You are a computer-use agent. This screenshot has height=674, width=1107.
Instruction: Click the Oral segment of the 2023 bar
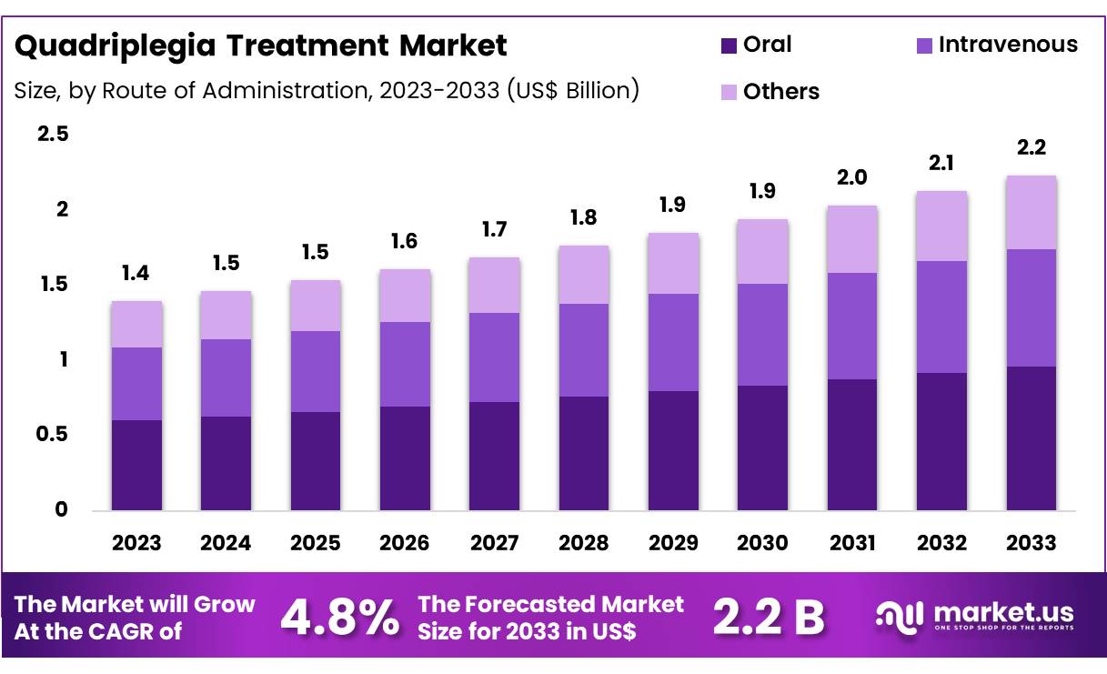click(136, 464)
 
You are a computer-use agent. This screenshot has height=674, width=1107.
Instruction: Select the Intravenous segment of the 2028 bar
click(584, 350)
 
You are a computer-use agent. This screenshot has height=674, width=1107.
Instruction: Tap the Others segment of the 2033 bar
click(1032, 212)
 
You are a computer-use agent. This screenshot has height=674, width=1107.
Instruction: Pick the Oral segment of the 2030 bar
click(762, 448)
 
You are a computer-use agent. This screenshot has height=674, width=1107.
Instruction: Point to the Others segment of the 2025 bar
click(315, 306)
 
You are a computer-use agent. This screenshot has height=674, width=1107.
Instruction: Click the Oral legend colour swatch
click(729, 45)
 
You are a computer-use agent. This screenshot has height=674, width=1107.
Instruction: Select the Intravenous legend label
click(1008, 44)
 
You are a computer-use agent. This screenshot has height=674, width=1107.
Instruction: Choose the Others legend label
click(781, 91)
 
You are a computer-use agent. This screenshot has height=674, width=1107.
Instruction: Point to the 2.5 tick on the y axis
click(53, 134)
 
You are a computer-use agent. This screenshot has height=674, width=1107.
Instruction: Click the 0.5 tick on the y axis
click(53, 435)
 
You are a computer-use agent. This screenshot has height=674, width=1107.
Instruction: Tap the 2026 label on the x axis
click(405, 543)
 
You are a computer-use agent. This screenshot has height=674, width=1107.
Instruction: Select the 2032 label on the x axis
click(941, 543)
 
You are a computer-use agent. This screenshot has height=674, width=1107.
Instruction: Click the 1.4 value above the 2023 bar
click(136, 274)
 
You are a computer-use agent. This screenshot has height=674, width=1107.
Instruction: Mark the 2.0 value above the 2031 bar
click(852, 178)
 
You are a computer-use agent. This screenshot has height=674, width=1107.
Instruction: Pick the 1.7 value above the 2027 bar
click(494, 230)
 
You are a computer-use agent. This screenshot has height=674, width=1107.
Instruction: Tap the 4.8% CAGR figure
click(338, 618)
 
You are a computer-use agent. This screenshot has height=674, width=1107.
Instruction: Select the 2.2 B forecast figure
click(768, 618)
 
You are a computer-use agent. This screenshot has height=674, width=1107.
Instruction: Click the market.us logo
click(974, 616)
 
